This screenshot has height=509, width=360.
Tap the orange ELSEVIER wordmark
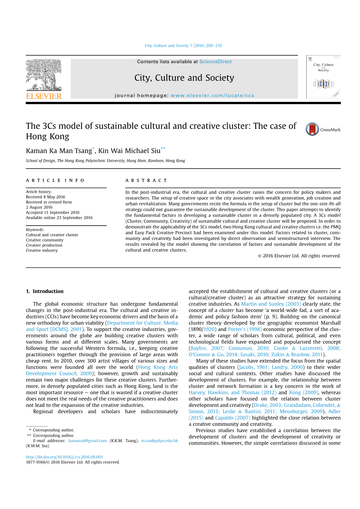tap(44, 96)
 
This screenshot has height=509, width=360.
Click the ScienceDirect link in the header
tap(215, 61)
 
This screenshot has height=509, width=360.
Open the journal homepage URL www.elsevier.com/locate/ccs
tap(212, 95)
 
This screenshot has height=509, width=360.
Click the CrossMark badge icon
tap(312, 129)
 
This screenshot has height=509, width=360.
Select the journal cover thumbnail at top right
tap(323, 77)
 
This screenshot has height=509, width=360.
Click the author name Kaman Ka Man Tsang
tap(59, 151)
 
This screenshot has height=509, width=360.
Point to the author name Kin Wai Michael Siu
tap(129, 151)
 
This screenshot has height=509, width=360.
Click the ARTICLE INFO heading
tap(55, 180)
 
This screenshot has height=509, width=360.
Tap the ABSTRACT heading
tap(146, 180)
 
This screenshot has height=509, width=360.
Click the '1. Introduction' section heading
tap(44, 291)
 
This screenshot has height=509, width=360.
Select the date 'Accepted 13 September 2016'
tap(53, 212)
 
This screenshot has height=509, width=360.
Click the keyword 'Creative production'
tap(44, 245)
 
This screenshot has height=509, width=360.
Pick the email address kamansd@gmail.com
tap(88, 441)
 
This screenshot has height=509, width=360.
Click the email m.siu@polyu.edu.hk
tap(159, 441)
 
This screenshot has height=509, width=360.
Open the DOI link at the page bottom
tap(65, 457)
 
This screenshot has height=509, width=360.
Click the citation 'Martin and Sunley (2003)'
tap(271, 304)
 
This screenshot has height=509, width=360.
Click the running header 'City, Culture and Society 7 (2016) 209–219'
tap(183, 45)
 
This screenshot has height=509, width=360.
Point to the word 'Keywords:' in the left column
tap(35, 230)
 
